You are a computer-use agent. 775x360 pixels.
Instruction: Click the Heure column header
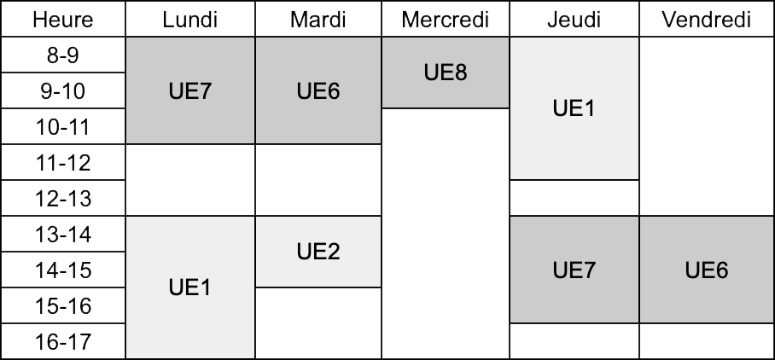pos(63,20)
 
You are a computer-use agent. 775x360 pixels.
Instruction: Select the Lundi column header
pos(190,20)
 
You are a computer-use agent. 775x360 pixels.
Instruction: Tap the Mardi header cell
pos(318,20)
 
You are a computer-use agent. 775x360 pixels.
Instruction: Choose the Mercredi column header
pos(446,20)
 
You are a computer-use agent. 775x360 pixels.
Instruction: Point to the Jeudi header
pos(574,20)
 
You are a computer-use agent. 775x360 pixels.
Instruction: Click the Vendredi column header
pos(707,20)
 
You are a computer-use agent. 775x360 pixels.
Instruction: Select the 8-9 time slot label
pos(63,55)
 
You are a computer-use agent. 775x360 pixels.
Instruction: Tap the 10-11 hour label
pos(63,126)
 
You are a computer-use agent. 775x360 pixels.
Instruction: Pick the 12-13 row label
pos(63,198)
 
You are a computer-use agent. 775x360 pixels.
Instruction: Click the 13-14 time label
pos(63,234)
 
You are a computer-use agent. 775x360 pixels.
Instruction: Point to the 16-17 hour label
pos(63,341)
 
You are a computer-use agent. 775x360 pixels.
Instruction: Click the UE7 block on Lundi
pos(190,91)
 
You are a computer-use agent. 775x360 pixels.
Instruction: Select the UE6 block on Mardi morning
pos(318,91)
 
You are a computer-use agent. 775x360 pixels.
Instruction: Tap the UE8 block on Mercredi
pos(446,73)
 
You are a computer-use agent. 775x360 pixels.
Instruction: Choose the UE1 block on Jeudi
pos(574,108)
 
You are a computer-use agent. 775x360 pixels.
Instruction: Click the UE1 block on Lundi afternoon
pos(190,287)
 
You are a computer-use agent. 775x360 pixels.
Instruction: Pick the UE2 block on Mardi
pos(318,252)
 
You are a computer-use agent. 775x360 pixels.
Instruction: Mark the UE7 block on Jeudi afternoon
pos(574,270)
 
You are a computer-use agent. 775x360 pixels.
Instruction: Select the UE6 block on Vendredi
pos(707,270)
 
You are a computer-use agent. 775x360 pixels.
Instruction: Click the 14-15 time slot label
pos(63,270)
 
